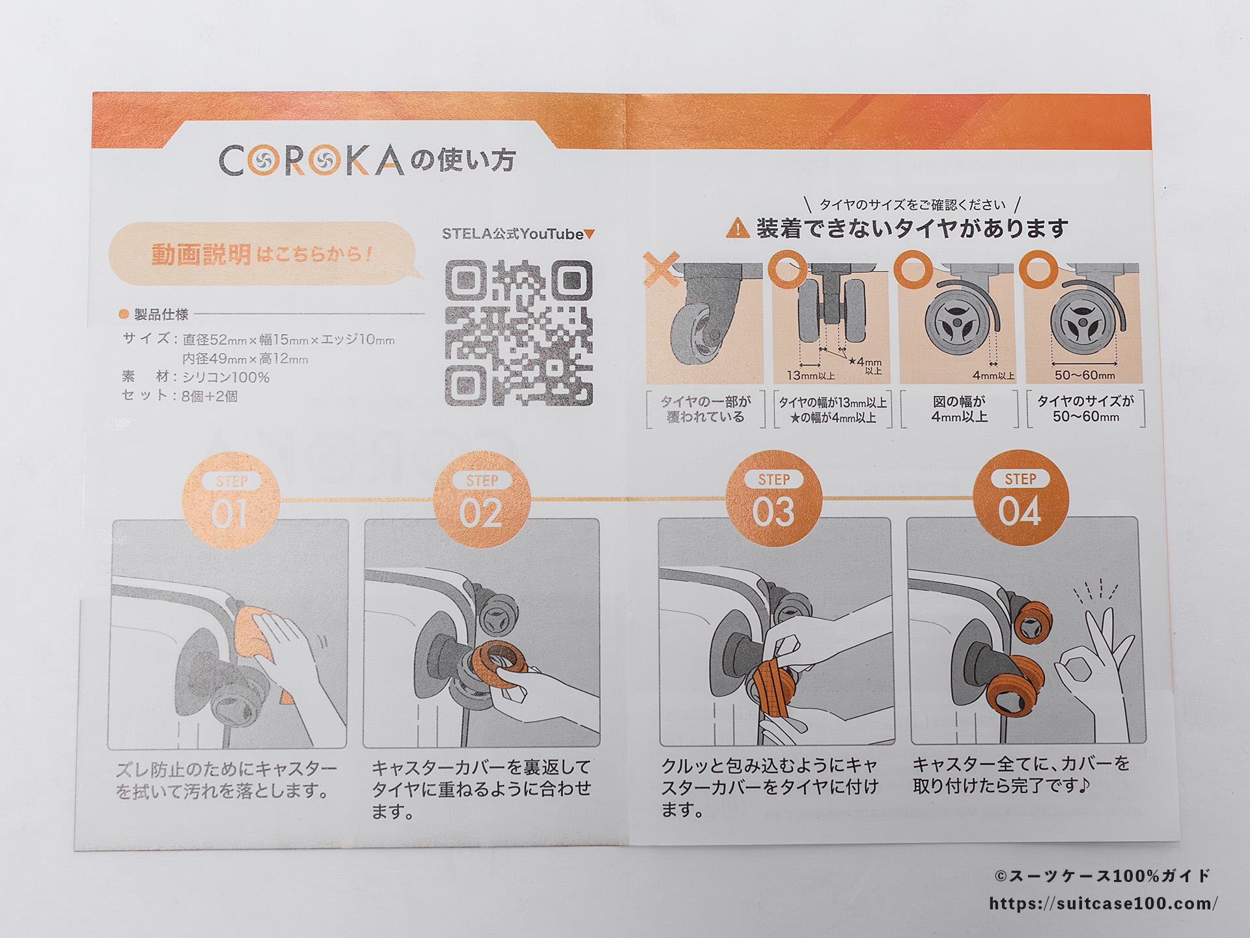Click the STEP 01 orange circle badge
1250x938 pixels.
(x=231, y=500)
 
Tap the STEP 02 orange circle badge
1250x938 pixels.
(x=482, y=500)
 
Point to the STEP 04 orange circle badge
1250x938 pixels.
(x=1020, y=498)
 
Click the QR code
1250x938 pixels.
(x=519, y=333)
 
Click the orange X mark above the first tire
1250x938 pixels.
(x=661, y=269)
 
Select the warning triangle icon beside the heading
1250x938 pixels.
(x=738, y=229)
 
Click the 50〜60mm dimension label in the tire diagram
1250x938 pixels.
(x=1085, y=375)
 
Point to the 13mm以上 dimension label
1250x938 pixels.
(x=811, y=376)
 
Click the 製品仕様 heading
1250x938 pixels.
(x=161, y=315)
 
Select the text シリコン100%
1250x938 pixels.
(x=225, y=377)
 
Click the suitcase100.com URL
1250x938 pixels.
(x=1103, y=903)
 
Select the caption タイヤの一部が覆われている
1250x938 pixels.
(x=705, y=409)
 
